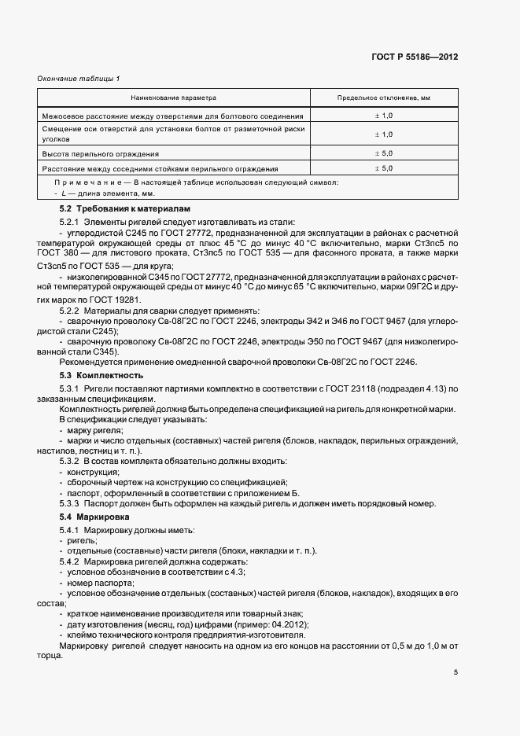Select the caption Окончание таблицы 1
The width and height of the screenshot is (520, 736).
tap(79, 78)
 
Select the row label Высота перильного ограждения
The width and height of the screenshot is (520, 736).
tap(101, 154)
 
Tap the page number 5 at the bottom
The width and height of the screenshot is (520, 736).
tap(455, 672)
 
